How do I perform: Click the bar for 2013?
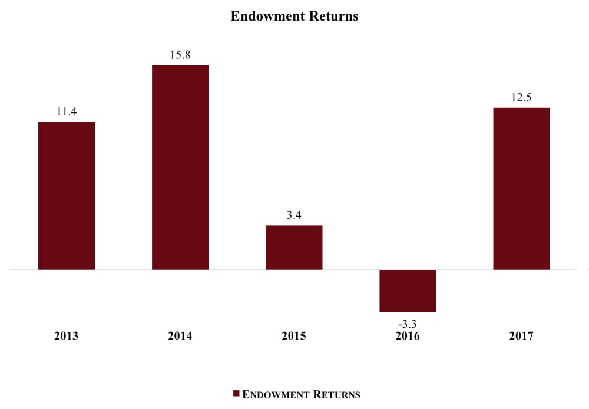[67, 195]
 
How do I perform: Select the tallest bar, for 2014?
[180, 167]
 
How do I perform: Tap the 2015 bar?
[294, 247]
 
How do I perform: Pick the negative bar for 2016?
[408, 291]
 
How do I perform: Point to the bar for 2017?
[521, 188]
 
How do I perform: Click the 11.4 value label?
[67, 111]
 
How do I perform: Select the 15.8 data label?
[180, 54]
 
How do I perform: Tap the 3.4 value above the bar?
[294, 215]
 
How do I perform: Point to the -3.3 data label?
[408, 322]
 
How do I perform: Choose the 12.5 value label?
[521, 97]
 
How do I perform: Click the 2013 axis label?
[67, 337]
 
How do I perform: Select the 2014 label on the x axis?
[180, 337]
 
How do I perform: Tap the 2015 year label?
[294, 337]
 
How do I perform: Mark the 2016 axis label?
[408, 337]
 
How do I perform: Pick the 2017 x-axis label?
[521, 337]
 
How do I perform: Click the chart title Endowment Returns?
[294, 16]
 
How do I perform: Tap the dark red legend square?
[236, 394]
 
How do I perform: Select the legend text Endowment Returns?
[301, 394]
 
